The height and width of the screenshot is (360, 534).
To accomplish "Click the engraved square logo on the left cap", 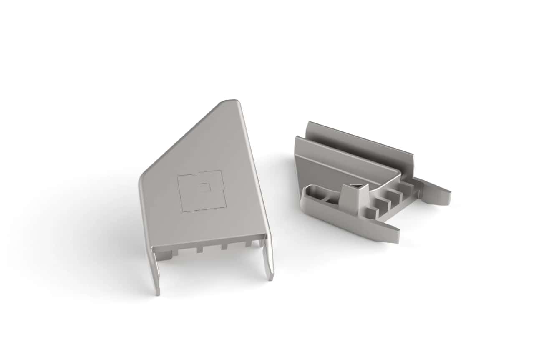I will coord(202,191).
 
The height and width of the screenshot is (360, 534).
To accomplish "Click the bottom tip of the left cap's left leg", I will coord(158,293).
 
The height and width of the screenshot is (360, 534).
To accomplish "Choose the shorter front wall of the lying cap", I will coord(342,161).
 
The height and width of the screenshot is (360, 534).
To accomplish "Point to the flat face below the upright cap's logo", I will coord(209,225).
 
